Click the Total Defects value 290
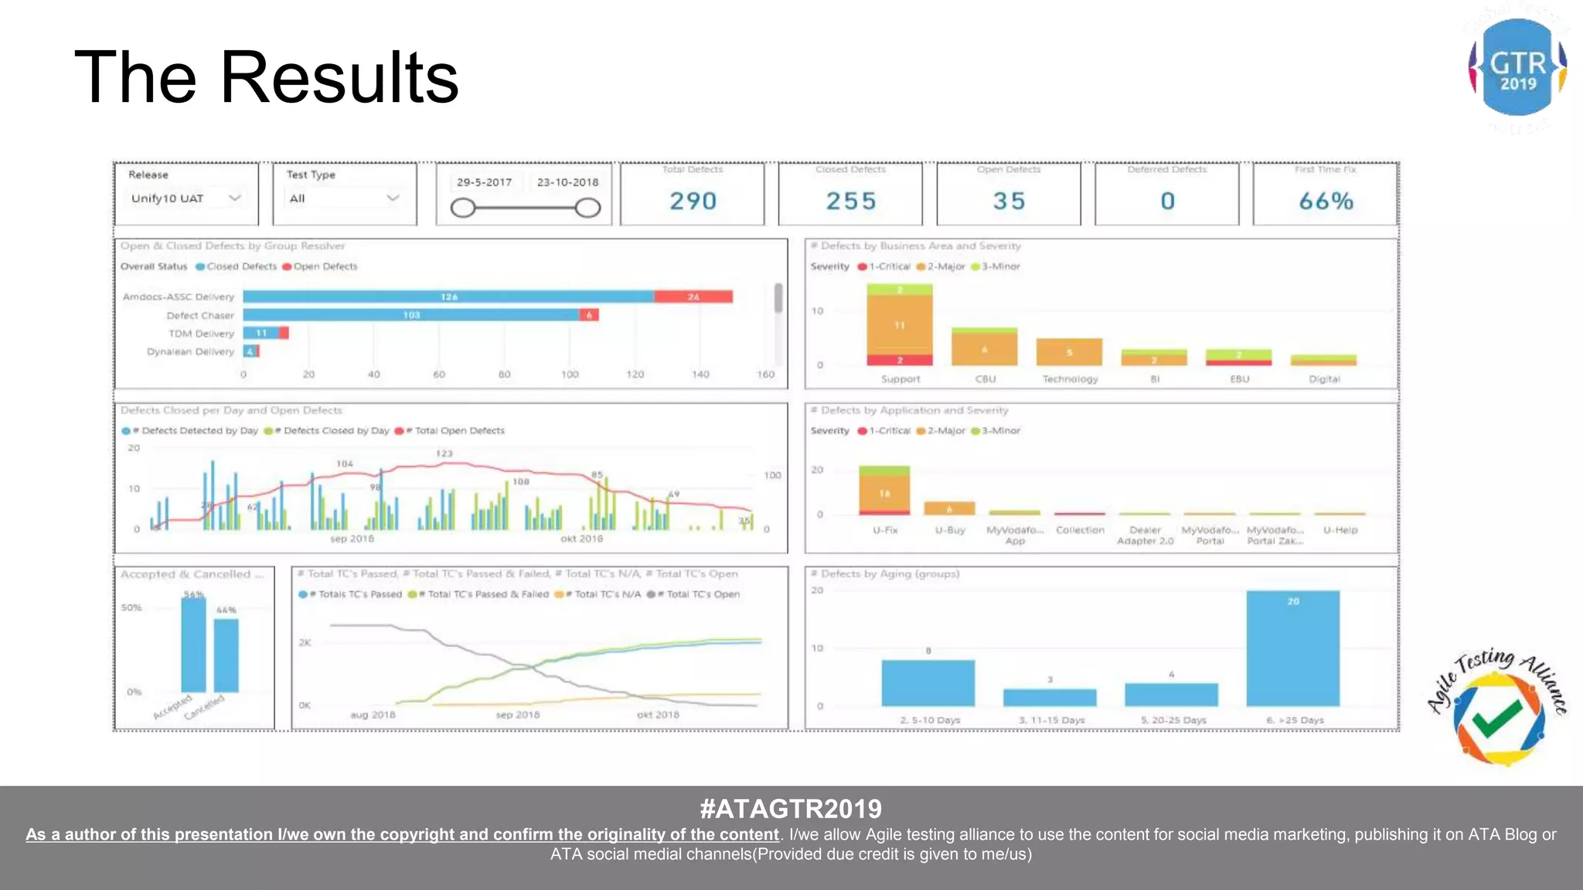693,201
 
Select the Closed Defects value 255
850,201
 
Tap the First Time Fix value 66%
1326,201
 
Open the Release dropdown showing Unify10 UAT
186,199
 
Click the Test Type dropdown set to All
344,199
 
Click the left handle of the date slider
462,208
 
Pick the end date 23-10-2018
567,182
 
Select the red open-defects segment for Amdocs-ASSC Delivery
693,297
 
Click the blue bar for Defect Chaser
410,314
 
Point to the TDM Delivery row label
201,334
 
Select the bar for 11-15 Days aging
1049,697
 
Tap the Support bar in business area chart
899,324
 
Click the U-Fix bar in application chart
884,491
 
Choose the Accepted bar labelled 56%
193,644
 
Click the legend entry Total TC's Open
697,594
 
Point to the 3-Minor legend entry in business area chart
998,267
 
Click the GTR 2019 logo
1517,68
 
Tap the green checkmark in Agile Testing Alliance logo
1496,718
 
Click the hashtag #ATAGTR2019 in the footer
791,809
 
